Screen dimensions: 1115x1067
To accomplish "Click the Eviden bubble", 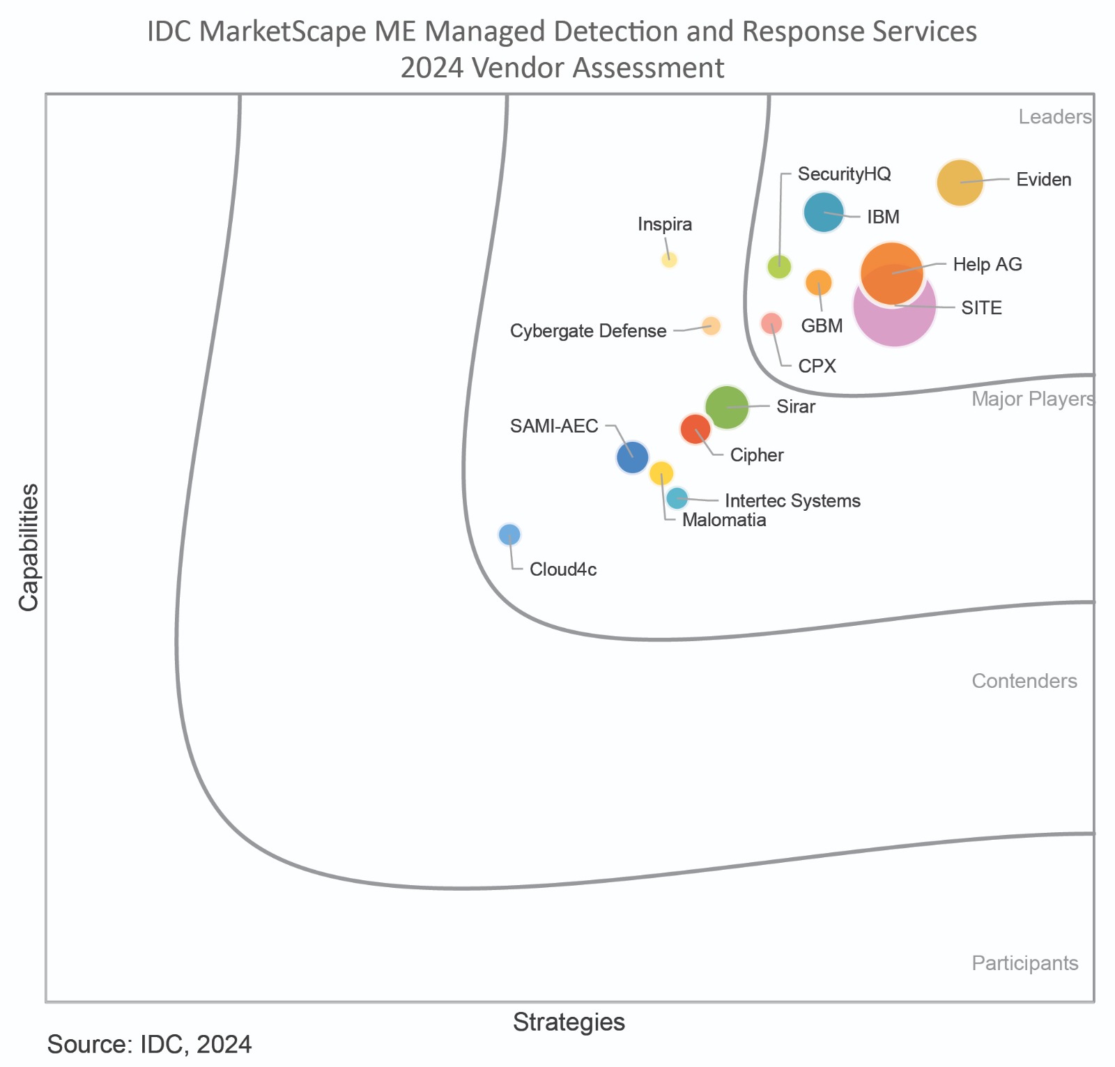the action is (960, 183).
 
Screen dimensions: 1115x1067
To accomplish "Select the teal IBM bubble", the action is (824, 212).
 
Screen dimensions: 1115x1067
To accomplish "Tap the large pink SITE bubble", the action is (895, 305).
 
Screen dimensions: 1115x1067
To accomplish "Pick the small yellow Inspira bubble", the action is (669, 260).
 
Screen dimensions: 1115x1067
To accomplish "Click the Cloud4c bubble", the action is (509, 535).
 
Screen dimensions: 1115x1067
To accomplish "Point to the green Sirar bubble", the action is (727, 407).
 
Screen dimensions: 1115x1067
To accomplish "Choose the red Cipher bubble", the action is (695, 429).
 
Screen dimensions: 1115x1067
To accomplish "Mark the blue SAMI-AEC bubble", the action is (633, 457).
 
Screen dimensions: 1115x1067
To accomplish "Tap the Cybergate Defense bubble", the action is (711, 325).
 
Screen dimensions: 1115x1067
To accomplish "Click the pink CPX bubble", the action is (771, 323).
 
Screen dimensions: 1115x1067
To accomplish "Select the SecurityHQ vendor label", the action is (844, 174).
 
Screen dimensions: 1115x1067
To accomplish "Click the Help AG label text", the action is (987, 265).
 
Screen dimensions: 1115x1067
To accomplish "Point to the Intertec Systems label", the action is (792, 500).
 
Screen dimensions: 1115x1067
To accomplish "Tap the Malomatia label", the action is (724, 520).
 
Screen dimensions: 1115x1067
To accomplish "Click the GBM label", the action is (822, 325).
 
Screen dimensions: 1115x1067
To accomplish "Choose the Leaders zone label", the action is (1055, 117).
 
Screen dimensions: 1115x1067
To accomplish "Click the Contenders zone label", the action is (1024, 681).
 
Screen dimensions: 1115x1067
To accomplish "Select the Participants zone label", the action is (1025, 963).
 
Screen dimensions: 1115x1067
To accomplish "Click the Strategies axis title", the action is (569, 1022).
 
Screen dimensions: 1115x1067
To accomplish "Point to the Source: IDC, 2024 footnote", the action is (149, 1045).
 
